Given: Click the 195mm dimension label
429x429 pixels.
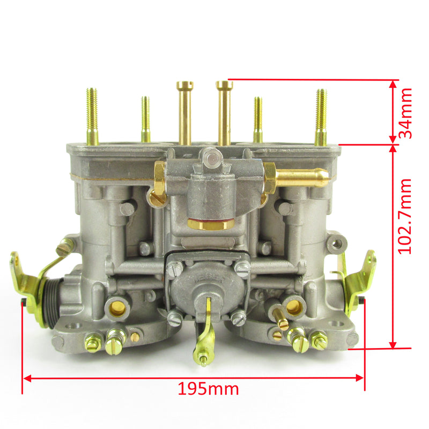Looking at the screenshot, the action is click(x=208, y=388).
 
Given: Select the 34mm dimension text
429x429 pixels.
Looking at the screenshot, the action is click(x=405, y=113).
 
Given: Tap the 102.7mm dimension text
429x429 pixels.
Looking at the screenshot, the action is click(x=405, y=217).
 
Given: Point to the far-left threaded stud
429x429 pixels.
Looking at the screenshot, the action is click(x=92, y=116).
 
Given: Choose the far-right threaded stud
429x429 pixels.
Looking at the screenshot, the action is click(x=321, y=117).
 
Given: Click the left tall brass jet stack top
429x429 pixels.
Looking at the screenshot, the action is click(x=184, y=85).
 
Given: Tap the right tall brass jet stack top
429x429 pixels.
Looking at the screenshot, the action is click(x=224, y=84).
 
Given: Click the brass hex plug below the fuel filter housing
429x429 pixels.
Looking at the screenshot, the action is click(x=211, y=224).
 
